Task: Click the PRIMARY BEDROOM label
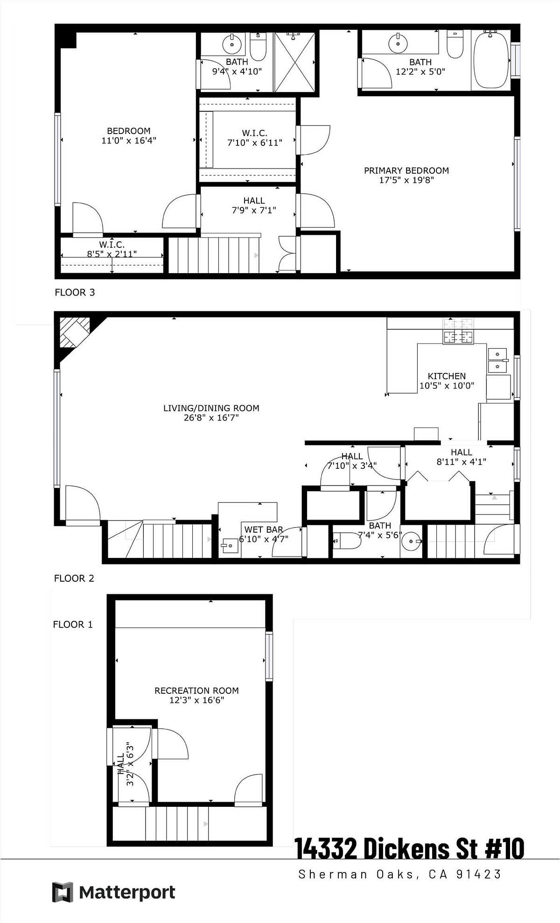(x=406, y=170)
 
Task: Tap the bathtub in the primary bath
(x=491, y=59)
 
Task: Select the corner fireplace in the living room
(x=74, y=332)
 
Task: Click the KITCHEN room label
(x=447, y=376)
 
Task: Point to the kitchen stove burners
(x=458, y=331)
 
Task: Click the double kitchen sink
(x=497, y=360)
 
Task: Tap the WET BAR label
(x=264, y=529)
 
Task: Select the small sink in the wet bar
(x=230, y=545)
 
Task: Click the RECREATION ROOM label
(x=196, y=690)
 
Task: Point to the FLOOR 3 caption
(x=75, y=292)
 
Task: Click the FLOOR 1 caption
(x=73, y=624)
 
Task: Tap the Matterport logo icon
(x=63, y=892)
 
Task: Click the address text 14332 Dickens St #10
(x=409, y=848)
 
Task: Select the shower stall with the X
(x=294, y=62)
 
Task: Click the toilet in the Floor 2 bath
(x=347, y=541)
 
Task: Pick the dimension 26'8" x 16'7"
(x=211, y=417)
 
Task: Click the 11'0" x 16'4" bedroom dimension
(x=129, y=140)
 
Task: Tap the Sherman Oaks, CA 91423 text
(x=400, y=874)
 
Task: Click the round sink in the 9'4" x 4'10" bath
(x=231, y=44)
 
